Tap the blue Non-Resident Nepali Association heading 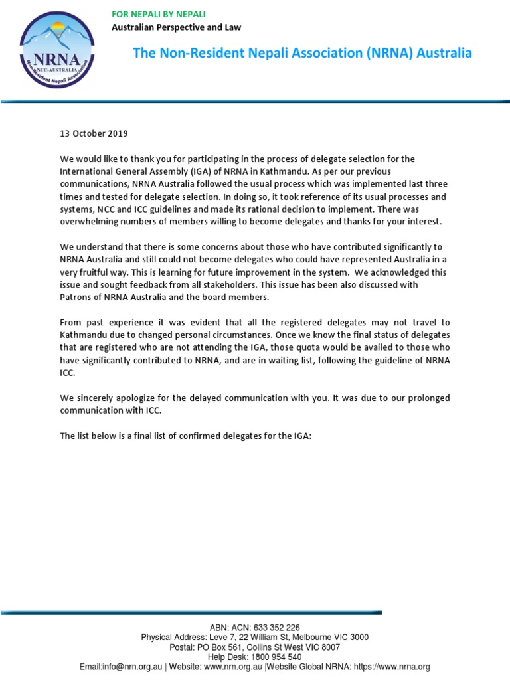tap(302, 53)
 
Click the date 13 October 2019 tap(94, 133)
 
